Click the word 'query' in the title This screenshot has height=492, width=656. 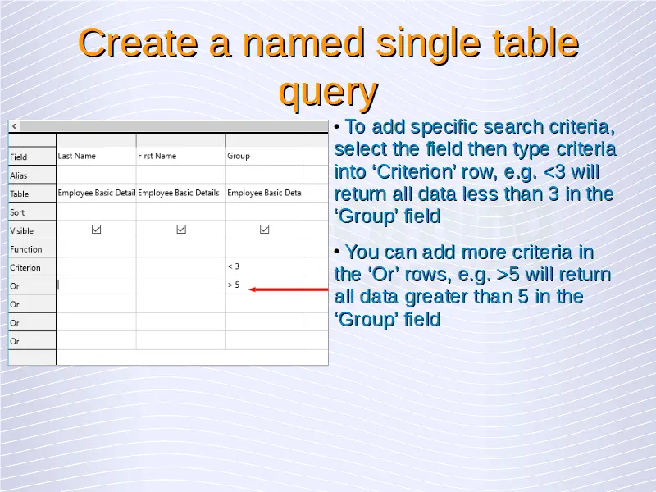329,92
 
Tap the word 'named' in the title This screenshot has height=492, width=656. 303,43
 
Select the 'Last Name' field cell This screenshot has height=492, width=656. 96,156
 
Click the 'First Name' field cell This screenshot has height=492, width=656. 180,156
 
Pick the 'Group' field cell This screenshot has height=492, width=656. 264,156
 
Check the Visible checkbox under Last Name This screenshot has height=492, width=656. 96,230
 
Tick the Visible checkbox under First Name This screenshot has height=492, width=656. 181,230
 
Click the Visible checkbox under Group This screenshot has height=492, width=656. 264,230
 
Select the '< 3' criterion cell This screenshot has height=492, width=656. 264,266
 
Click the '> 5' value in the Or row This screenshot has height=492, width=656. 234,285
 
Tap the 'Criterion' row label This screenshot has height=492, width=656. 25,268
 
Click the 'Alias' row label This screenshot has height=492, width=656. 18,175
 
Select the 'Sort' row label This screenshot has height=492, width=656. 17,212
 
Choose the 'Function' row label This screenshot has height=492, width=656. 26,249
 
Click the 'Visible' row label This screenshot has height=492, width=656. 22,231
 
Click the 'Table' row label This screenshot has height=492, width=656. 19,194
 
